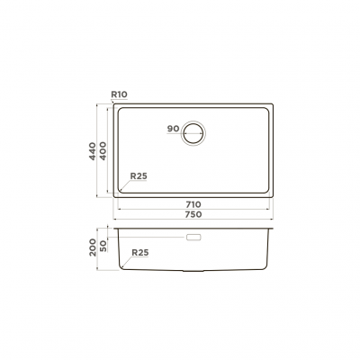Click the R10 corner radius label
119,94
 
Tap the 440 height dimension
93,151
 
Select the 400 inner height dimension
103,151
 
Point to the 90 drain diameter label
173,129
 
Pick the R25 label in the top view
139,176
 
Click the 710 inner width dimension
193,204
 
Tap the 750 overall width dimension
193,214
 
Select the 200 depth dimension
93,247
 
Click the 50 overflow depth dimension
103,246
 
